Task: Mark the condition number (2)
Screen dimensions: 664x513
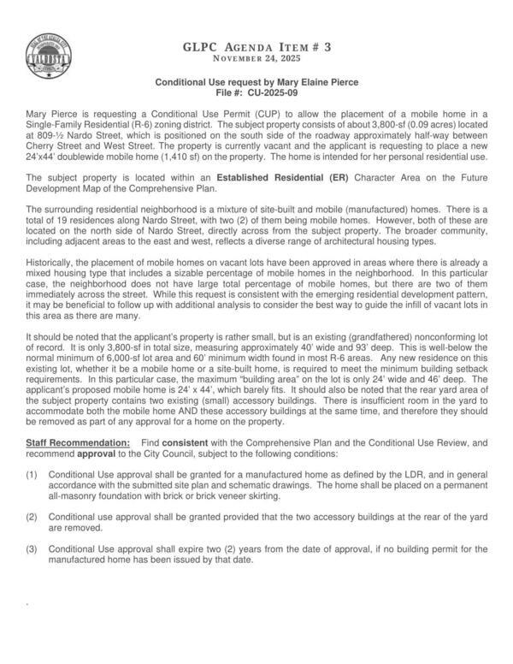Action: [x=32, y=516]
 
